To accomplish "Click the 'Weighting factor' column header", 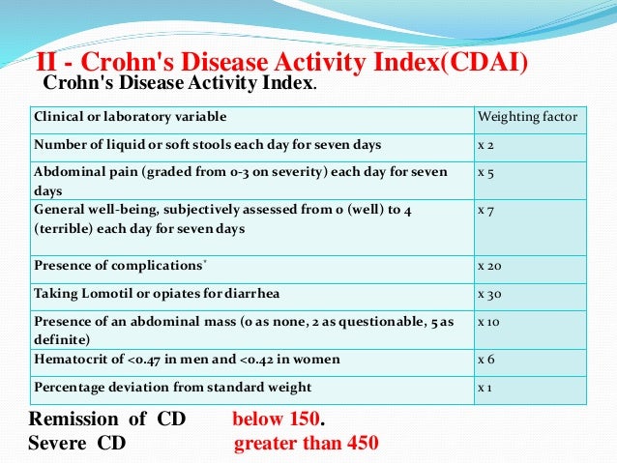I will (527, 117).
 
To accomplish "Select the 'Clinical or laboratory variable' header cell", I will (131, 117).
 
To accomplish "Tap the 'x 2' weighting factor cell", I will (486, 145).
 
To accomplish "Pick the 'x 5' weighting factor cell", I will (486, 172).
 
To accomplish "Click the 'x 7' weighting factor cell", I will (486, 209).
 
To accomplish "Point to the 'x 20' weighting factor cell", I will (489, 265).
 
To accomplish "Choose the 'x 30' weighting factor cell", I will (489, 293).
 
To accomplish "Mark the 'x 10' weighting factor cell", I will (489, 321).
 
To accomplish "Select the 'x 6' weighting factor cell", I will (486, 360).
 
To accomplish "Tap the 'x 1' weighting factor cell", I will (485, 388).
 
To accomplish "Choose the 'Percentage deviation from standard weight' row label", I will (172, 388).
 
